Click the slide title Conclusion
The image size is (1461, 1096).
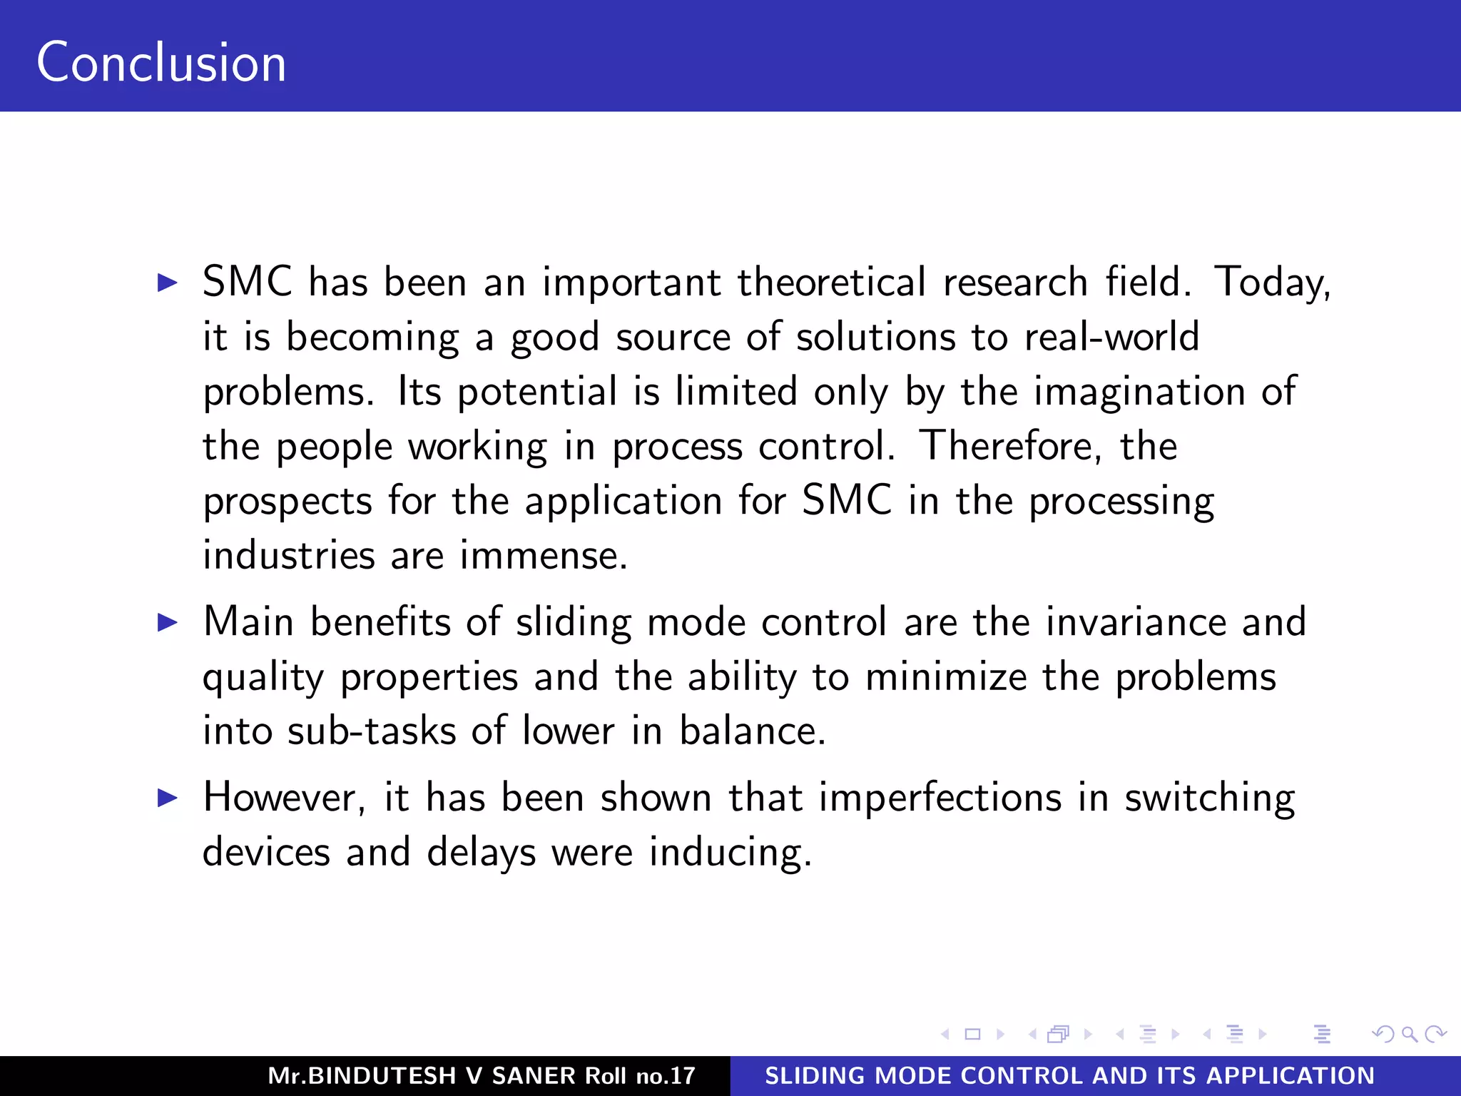(161, 63)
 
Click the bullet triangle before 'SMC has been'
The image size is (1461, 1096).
(167, 283)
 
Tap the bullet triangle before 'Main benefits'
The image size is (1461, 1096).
(167, 622)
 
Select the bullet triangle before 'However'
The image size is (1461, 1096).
(167, 798)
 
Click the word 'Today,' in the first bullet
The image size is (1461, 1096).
(1272, 283)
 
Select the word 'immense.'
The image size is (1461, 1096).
(544, 556)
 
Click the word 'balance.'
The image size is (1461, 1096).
(752, 731)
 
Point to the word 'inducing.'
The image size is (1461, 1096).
(730, 853)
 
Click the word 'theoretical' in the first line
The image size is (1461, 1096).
(831, 283)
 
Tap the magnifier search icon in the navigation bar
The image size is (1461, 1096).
(1409, 1034)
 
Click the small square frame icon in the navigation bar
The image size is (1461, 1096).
(972, 1034)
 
